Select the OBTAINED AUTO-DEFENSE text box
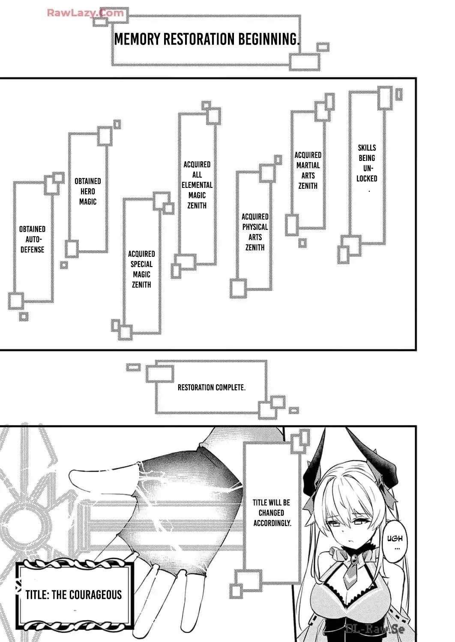pyautogui.click(x=32, y=240)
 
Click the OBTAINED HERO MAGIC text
pyautogui.click(x=88, y=191)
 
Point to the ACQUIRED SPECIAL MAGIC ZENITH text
pyautogui.click(x=141, y=269)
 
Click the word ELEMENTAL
pyautogui.click(x=197, y=185)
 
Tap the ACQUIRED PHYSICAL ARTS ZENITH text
pyautogui.click(x=255, y=232)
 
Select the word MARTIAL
pyautogui.click(x=308, y=165)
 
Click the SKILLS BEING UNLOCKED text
pyautogui.click(x=367, y=163)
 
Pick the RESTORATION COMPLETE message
pyautogui.click(x=211, y=388)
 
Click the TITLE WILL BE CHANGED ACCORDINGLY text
pyautogui.click(x=272, y=512)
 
